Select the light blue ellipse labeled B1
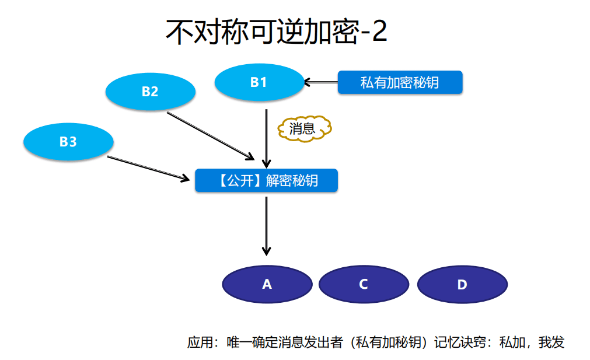pos(259,82)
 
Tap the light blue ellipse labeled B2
pos(150,92)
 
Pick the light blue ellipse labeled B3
pos(68,141)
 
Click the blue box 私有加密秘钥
pos(400,82)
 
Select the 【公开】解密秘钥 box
pos(266,180)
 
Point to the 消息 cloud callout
pos(303,128)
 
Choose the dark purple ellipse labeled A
pos(267,284)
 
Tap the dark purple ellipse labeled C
pos(363,284)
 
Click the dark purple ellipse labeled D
pos(462,284)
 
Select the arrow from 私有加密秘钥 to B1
pos(322,82)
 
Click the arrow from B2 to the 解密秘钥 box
pos(210,135)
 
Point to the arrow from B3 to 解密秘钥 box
pos(151,167)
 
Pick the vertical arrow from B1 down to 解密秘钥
pos(266,138)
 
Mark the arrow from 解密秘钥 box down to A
pos(266,225)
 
